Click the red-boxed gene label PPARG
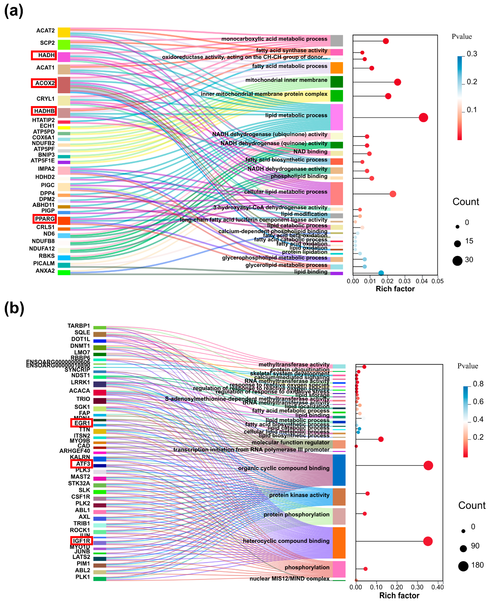coord(45,219)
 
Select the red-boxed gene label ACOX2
coord(44,83)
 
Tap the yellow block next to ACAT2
coord(64,32)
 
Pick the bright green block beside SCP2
coord(64,45)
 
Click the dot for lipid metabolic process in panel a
coord(423,117)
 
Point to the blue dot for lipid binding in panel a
coord(381,273)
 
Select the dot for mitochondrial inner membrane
coord(397,82)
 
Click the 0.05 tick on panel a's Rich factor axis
coord(437,281)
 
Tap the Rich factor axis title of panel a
coord(395,289)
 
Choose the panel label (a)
coord(13,11)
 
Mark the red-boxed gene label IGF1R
coord(81,541)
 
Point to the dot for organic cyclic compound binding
coord(428,465)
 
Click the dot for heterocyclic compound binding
coord(428,541)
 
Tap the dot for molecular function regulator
coord(381,439)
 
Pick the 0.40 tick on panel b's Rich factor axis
coord(437,587)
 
